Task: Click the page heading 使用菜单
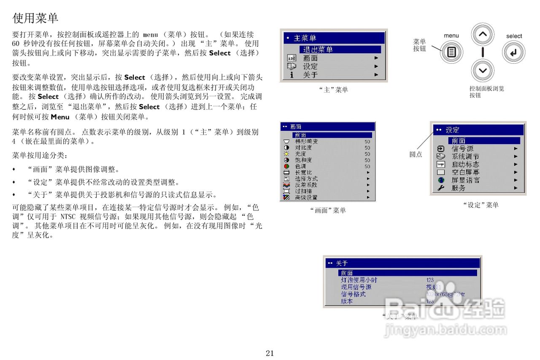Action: coord(35,18)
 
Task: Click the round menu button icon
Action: coord(451,52)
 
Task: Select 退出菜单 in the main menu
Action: coord(318,49)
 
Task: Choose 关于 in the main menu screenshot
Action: coord(310,75)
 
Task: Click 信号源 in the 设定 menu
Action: coord(462,149)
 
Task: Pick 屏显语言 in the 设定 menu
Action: coord(465,180)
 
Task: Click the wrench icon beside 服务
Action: coord(441,188)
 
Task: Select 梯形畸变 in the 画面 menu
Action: coord(306,141)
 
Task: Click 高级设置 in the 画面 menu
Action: coord(306,197)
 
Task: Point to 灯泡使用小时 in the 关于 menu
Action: coord(359,280)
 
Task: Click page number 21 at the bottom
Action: coord(270,353)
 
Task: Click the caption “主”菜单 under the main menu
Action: coord(333,89)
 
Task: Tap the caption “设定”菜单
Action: coord(481,205)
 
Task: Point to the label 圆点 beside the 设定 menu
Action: coord(416,154)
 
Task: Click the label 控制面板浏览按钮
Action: coord(486,92)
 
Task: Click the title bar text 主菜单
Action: coord(305,38)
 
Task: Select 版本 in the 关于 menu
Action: coord(347,301)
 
